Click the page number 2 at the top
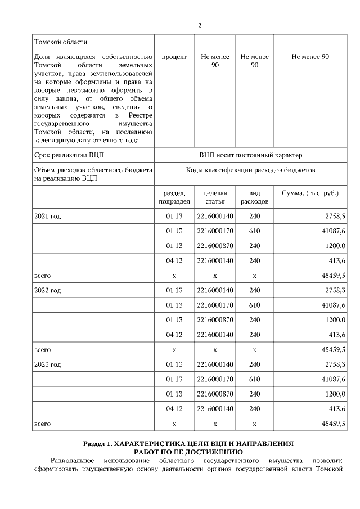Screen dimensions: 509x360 [200, 26]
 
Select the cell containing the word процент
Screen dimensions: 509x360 [174, 57]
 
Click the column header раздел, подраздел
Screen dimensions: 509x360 [174, 197]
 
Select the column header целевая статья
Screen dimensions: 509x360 [215, 197]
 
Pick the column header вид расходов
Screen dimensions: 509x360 [254, 197]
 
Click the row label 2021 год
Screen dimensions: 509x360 [48, 216]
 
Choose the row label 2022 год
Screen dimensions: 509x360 [48, 290]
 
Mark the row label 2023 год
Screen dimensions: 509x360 [48, 364]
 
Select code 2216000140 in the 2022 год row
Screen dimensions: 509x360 [215, 290]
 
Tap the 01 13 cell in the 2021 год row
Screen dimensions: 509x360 [174, 216]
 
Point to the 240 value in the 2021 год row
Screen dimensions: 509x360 [254, 216]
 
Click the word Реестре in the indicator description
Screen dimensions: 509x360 [139, 115]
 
